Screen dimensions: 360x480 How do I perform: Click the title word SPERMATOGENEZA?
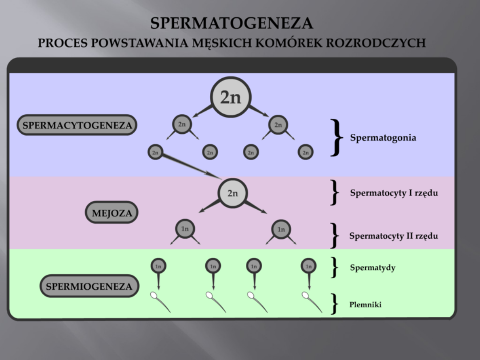(231, 23)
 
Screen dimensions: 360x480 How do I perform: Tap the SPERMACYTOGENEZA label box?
(77, 125)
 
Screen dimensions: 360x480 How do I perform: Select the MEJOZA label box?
(112, 213)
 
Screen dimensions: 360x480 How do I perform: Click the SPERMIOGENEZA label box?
(89, 286)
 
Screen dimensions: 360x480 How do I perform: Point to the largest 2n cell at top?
(230, 97)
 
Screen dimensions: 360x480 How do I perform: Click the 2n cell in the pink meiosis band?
(232, 193)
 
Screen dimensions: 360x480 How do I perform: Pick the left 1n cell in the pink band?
(185, 229)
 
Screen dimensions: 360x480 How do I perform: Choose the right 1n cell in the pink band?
(281, 229)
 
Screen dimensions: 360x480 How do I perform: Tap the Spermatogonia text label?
(383, 137)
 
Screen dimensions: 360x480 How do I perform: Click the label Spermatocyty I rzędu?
(394, 193)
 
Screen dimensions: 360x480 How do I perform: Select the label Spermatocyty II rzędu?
(393, 236)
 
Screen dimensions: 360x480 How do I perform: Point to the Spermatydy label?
(372, 268)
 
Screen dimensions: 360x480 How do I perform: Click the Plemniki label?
(365, 304)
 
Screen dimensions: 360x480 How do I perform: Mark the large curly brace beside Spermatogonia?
(337, 137)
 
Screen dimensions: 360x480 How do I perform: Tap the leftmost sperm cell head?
(154, 295)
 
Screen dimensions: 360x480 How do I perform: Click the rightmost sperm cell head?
(306, 295)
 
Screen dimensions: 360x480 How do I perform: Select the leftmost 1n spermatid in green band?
(158, 266)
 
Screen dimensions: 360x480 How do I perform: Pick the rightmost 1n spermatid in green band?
(308, 266)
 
